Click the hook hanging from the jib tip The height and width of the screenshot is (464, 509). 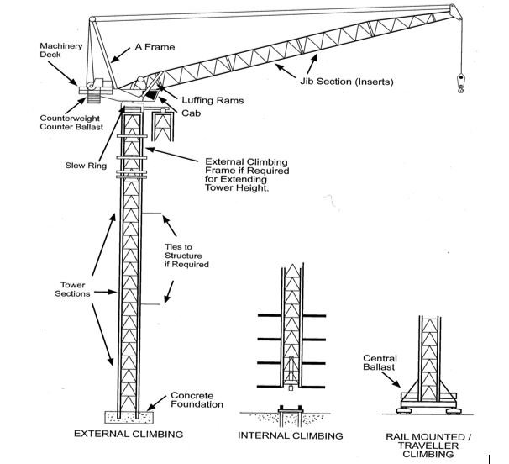pyautogui.click(x=460, y=83)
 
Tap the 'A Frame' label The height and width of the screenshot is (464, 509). pyautogui.click(x=155, y=47)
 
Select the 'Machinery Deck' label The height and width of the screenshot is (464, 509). pyautogui.click(x=60, y=50)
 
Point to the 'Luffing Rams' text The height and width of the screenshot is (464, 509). pyautogui.click(x=213, y=100)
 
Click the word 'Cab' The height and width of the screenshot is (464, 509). pyautogui.click(x=191, y=113)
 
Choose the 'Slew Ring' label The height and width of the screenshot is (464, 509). pyautogui.click(x=86, y=166)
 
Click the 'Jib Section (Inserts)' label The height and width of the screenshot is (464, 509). pyautogui.click(x=346, y=82)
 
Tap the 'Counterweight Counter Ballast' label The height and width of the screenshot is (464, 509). pyautogui.click(x=71, y=123)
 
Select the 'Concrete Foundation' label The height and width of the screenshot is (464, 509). pyautogui.click(x=197, y=400)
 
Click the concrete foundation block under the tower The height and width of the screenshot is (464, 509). pyautogui.click(x=129, y=417)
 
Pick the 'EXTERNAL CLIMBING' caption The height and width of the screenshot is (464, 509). pyautogui.click(x=129, y=434)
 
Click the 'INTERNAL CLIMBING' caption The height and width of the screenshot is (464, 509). pyautogui.click(x=291, y=435)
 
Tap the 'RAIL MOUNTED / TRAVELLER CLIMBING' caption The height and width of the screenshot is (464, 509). pyautogui.click(x=428, y=446)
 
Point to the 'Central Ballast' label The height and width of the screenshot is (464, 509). pyautogui.click(x=380, y=362)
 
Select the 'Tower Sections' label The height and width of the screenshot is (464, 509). pyautogui.click(x=72, y=289)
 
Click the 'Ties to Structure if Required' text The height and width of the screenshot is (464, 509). pyautogui.click(x=186, y=256)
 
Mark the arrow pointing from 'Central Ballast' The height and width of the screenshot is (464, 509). pyautogui.click(x=391, y=379)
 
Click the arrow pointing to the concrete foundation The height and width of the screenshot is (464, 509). pyautogui.click(x=156, y=403)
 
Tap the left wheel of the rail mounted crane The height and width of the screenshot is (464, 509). pyautogui.click(x=403, y=411)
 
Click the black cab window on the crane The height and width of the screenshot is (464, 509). pyautogui.click(x=151, y=95)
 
